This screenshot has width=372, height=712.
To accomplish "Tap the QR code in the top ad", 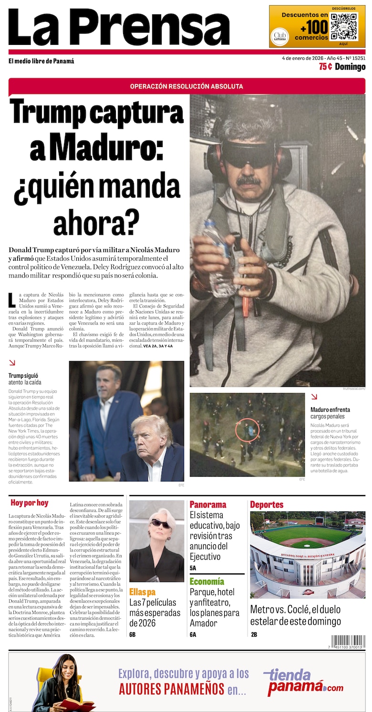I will (x=344, y=27).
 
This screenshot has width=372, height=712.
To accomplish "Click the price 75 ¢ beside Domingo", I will (x=326, y=67).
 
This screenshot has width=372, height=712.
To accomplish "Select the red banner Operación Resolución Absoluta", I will (x=186, y=86).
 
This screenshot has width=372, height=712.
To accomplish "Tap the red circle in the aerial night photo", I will (x=247, y=430).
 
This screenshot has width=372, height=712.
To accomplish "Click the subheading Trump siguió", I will (x=23, y=376).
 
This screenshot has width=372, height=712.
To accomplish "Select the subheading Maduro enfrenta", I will (x=330, y=409).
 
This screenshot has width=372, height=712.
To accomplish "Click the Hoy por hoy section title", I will (x=30, y=503).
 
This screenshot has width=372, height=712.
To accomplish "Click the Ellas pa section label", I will (x=142, y=592).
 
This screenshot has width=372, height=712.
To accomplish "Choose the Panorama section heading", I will (x=208, y=504).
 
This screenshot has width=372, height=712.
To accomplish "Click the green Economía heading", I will (x=207, y=581).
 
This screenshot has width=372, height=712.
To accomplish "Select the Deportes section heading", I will (x=267, y=504).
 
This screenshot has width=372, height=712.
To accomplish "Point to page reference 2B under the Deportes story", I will (x=254, y=635).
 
